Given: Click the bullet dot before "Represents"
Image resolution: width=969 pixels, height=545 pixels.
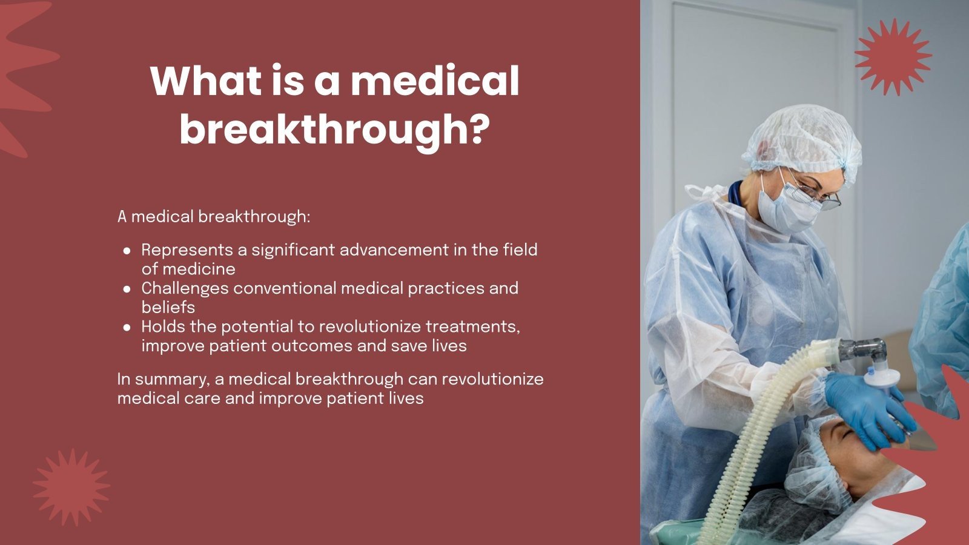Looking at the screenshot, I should [x=127, y=250].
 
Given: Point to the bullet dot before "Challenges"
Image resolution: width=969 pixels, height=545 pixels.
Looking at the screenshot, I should [x=127, y=289].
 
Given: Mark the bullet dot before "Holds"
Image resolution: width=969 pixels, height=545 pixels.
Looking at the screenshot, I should [x=127, y=328].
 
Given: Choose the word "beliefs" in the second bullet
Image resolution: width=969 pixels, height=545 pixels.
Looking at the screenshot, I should [x=168, y=307].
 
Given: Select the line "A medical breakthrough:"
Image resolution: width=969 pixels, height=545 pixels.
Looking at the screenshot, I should [x=213, y=216].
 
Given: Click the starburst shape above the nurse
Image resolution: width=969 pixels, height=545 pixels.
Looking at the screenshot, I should [x=893, y=57].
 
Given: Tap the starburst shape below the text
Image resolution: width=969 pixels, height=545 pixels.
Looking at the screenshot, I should [x=71, y=487].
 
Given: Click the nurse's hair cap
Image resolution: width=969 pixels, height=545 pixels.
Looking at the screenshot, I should [x=802, y=139].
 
